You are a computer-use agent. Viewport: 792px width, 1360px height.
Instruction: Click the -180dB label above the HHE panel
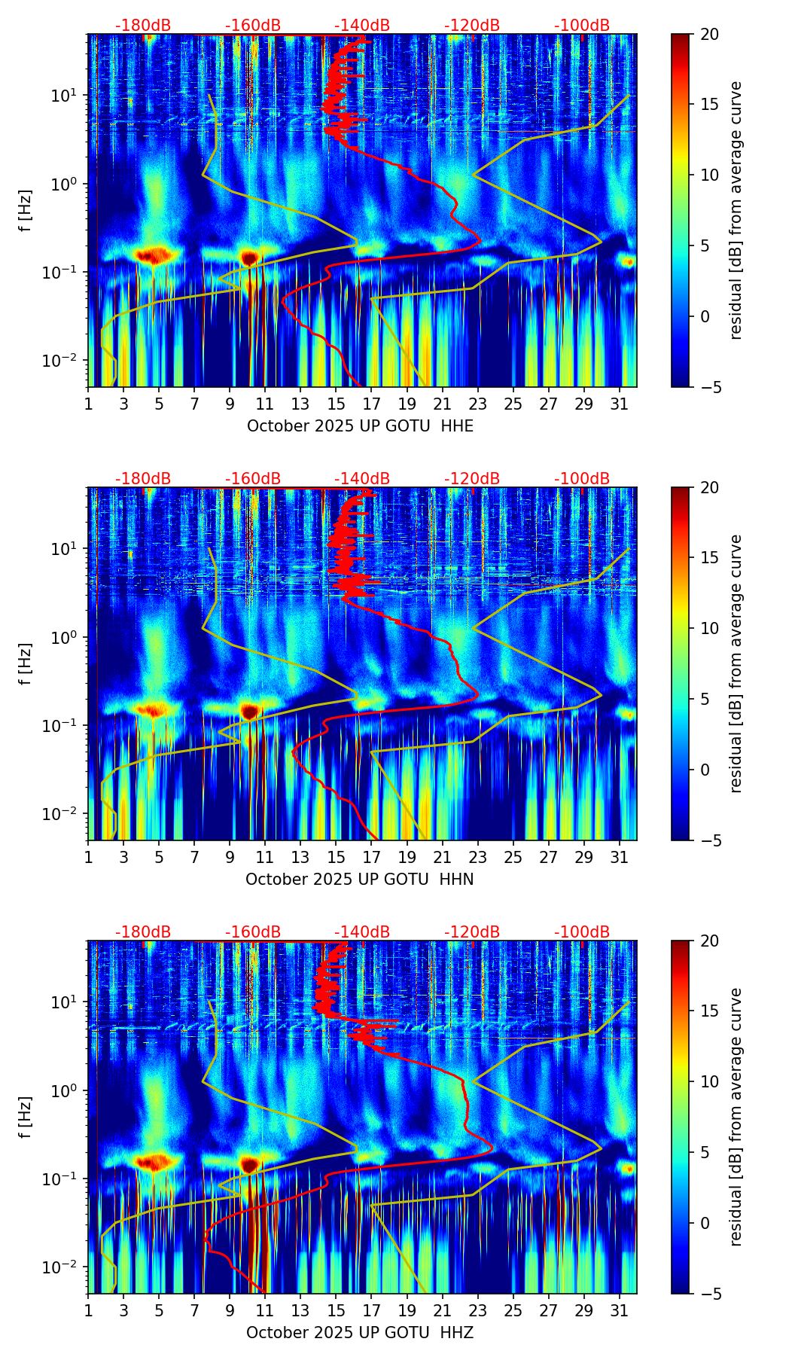pos(143,26)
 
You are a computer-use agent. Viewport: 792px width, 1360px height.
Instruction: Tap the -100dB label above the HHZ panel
pos(582,932)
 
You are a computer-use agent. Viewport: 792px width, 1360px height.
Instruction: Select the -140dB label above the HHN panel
pos(362,479)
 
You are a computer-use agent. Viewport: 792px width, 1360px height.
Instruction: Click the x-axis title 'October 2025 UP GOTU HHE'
pos(360,426)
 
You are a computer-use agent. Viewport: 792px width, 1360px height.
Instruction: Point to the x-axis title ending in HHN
pos(359,880)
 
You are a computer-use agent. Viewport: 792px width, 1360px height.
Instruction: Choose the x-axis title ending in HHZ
pos(359,1333)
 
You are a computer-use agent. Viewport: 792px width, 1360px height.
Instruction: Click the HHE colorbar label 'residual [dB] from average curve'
pos(736,210)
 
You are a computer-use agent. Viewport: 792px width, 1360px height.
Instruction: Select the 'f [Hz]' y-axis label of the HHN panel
pos(26,663)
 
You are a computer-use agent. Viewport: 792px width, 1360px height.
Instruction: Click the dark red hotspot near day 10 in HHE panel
pos(250,258)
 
